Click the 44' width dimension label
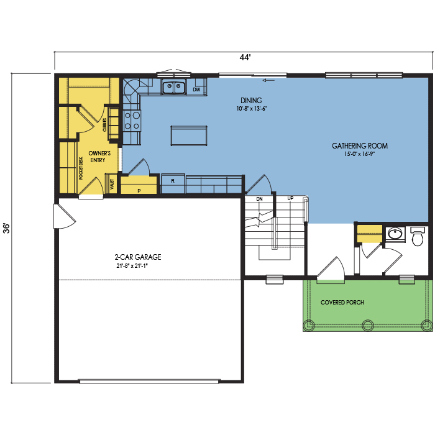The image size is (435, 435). pos(245,57)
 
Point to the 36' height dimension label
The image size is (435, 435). pos(6,228)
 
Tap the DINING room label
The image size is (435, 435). pos(251,101)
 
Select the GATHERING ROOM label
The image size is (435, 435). pos(360,145)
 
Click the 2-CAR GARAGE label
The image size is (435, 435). pos(138,257)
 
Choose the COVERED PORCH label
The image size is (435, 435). pos(342,303)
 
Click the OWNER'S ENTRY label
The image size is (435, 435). pos(99,157)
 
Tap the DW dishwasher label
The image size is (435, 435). pos(196,89)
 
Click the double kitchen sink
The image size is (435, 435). pos(174,88)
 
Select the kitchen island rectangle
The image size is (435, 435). pos(189,135)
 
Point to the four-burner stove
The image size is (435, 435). pos(132,121)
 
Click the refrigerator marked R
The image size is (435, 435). pos(173,183)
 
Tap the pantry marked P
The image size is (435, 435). pos(139,185)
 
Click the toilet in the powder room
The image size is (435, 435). pos(418,236)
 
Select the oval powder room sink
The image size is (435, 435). pos(395,233)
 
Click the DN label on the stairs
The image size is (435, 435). pos(259,199)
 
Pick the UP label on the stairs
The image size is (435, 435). pos(290,198)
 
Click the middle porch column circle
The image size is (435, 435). pos(368,325)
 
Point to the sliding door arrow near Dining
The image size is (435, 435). pos(268,80)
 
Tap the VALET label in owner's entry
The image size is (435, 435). pos(112,184)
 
